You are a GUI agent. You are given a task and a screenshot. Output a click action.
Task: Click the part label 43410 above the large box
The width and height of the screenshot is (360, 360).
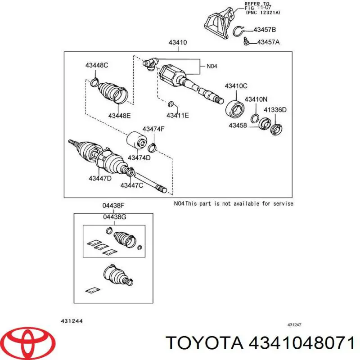(178, 42)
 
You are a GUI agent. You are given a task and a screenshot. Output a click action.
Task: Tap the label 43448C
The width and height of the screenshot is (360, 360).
(97, 65)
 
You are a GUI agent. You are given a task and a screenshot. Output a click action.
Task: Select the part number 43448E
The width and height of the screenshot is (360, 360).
(119, 116)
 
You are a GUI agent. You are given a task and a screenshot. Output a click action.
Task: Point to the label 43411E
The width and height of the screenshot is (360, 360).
(178, 115)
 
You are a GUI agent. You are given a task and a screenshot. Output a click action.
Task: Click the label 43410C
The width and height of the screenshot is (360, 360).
(236, 86)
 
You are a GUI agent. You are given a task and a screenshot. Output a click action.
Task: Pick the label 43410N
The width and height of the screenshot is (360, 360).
(256, 99)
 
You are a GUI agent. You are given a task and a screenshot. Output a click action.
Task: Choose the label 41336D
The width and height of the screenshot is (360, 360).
(275, 110)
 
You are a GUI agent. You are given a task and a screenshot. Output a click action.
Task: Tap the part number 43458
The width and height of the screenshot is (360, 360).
(238, 126)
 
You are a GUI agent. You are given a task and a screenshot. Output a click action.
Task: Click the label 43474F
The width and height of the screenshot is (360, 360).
(153, 129)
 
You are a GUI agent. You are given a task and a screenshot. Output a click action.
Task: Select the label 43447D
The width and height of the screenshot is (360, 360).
(100, 178)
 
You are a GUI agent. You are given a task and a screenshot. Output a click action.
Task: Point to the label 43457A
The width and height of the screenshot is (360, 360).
(268, 42)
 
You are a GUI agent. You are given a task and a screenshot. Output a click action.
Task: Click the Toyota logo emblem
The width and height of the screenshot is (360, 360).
(30, 340)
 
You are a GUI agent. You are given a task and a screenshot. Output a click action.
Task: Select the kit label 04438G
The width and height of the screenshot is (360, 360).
(115, 217)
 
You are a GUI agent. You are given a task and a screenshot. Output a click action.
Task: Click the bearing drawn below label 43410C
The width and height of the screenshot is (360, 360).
(234, 108)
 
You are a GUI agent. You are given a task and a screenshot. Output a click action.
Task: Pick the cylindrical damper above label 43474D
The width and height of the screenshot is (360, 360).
(137, 140)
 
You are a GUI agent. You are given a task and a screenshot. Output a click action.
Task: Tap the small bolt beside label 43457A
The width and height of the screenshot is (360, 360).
(246, 41)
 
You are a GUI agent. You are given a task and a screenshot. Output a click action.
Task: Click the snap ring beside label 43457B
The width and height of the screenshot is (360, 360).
(238, 31)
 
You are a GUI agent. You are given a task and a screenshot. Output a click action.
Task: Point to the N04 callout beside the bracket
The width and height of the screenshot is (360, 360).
(211, 66)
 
